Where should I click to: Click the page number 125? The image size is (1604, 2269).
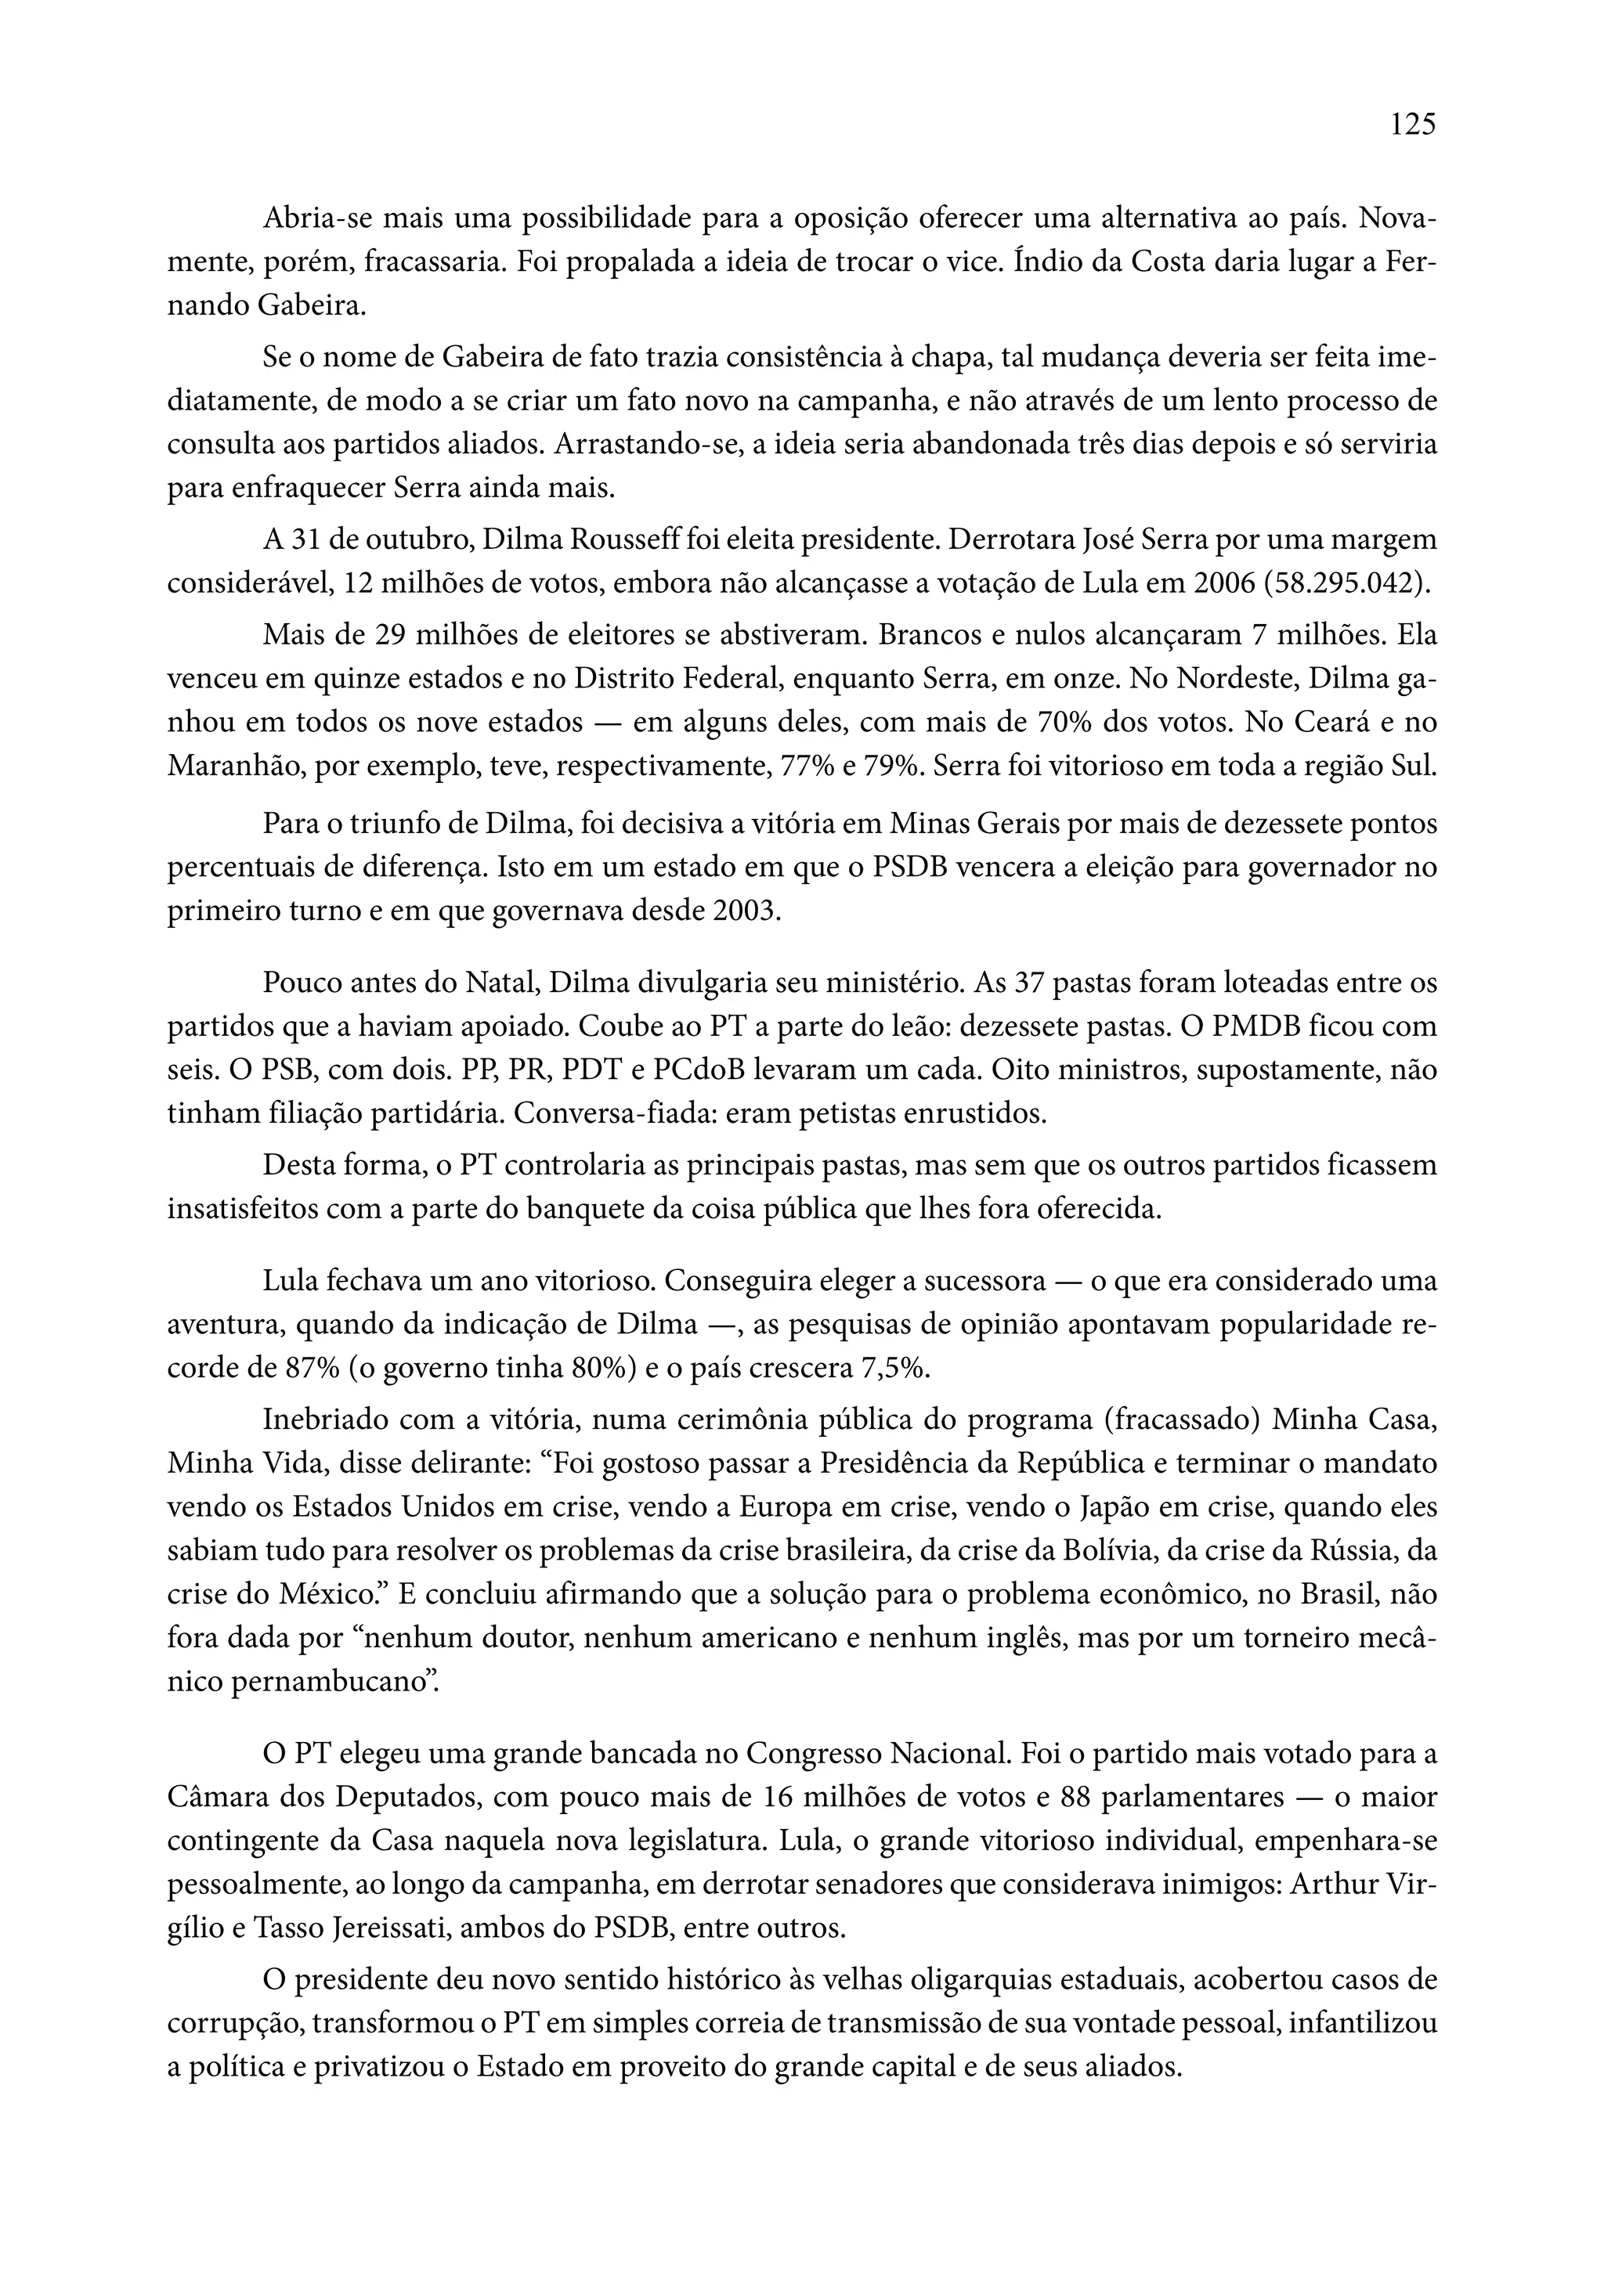pos(1412,124)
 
